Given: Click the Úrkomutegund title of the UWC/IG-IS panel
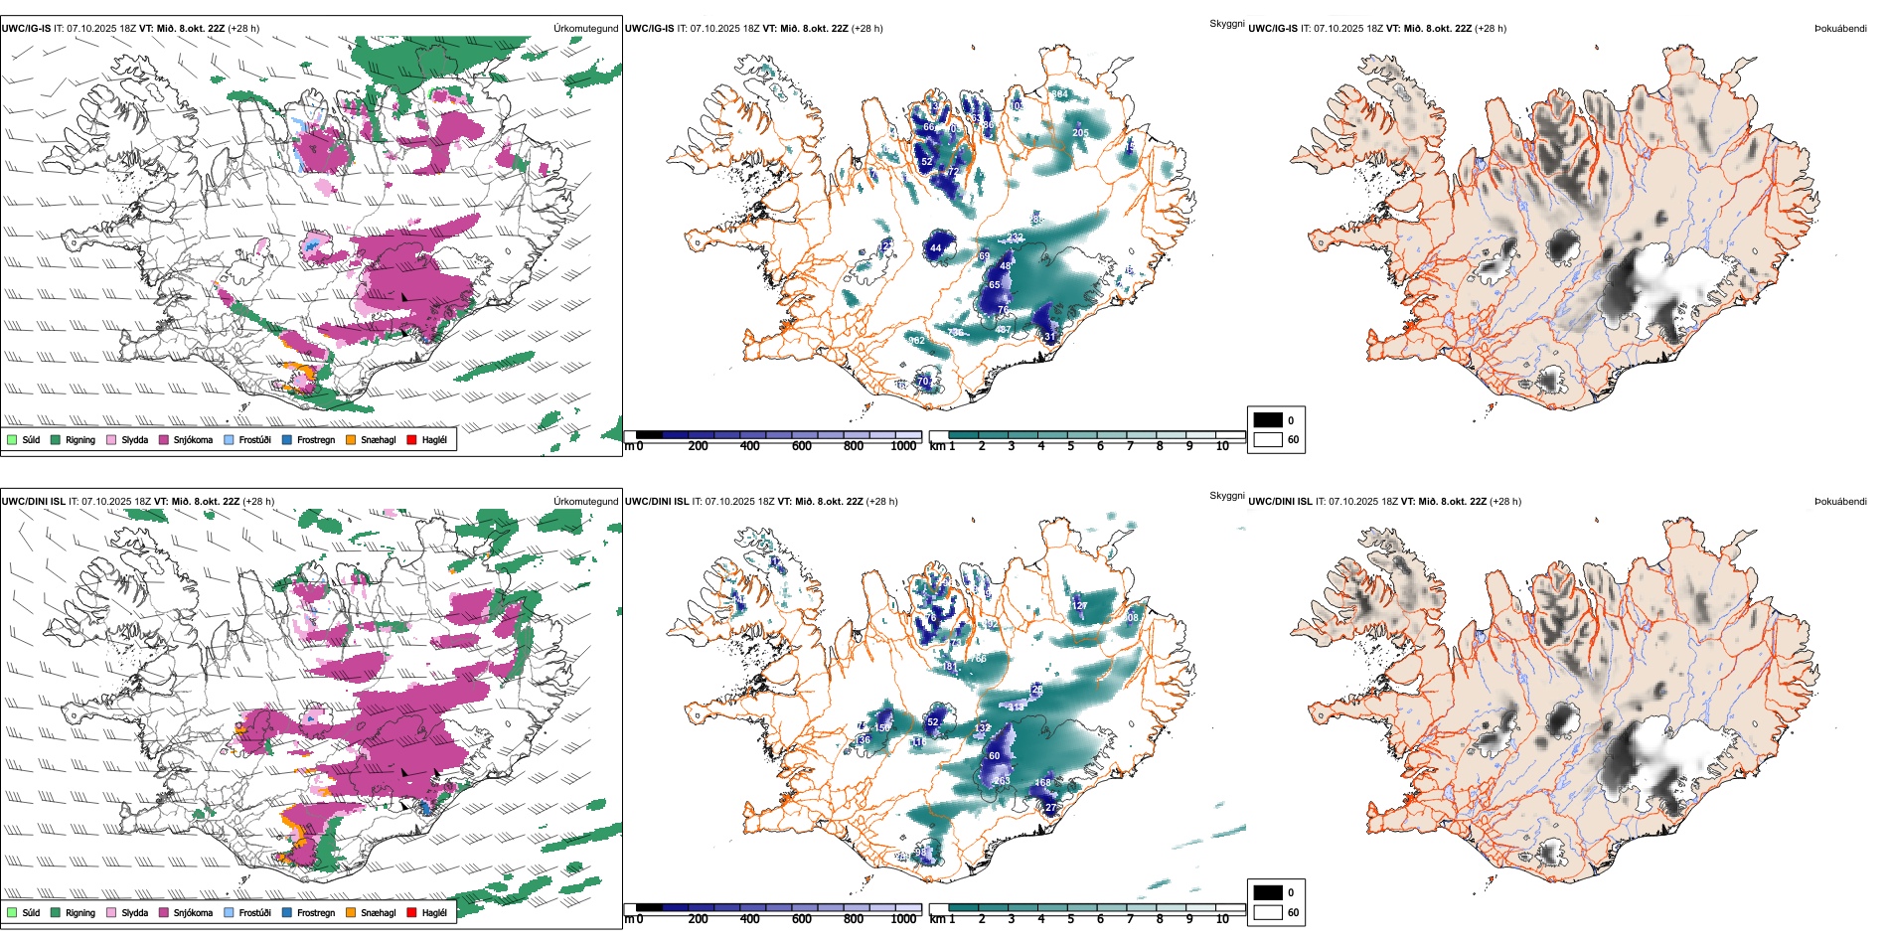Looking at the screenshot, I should [585, 29].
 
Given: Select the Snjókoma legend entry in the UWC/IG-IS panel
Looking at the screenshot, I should [193, 440].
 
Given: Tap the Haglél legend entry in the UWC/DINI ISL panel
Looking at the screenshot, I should [434, 913].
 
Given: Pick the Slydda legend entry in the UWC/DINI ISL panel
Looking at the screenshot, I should [134, 913].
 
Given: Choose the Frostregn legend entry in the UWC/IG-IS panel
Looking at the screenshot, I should [316, 440].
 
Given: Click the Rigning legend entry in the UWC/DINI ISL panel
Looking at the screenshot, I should [80, 913].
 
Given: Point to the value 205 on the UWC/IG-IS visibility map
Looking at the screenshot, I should [1080, 133].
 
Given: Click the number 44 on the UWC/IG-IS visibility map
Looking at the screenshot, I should [935, 248].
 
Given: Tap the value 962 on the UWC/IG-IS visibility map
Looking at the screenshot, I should [916, 341].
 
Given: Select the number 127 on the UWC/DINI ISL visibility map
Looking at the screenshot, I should [1079, 606].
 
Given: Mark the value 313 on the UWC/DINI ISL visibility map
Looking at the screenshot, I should [1016, 708].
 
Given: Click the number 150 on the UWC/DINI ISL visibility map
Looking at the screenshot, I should [882, 728].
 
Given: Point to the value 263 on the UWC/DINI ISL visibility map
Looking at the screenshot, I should [1002, 781].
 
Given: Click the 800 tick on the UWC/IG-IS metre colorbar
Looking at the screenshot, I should [853, 447].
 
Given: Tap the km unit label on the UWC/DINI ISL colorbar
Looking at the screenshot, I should [937, 919].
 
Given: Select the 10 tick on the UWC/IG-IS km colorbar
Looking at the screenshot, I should [1222, 447].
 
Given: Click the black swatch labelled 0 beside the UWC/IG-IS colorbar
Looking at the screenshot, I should [1268, 420].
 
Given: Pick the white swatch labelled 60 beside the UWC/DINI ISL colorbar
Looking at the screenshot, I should [1268, 912].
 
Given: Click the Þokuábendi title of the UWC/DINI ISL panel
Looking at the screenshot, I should [1840, 502].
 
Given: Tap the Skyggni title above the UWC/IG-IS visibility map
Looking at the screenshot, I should [1226, 24].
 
